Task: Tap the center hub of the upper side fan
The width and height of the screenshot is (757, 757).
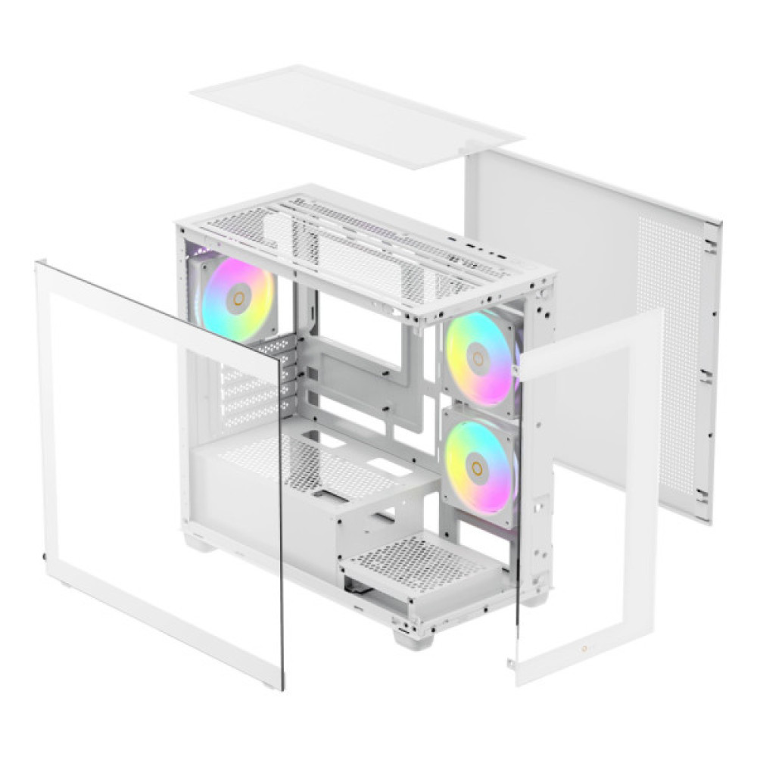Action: click(x=478, y=358)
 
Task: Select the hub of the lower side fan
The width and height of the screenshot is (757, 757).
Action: click(x=477, y=467)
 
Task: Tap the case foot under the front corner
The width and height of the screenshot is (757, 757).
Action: click(x=413, y=636)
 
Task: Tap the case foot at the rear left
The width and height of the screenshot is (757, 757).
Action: click(x=198, y=540)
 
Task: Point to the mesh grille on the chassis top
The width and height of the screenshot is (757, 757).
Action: click(x=356, y=242)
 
